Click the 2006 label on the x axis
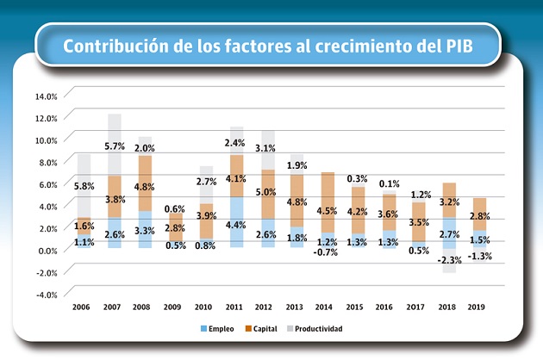click(x=82, y=307)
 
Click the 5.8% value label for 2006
click(x=84, y=186)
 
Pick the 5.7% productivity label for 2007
click(x=115, y=147)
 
